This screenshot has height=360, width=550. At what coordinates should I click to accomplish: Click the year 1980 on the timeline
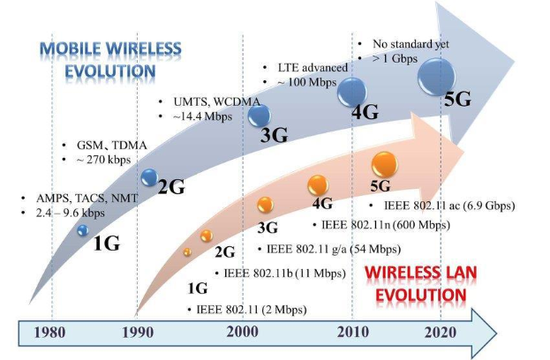(x=51, y=334)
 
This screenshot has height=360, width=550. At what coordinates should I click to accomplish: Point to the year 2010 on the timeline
(x=351, y=334)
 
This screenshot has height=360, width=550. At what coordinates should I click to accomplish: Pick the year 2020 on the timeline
(x=439, y=334)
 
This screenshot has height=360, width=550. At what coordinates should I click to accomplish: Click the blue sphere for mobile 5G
(x=436, y=75)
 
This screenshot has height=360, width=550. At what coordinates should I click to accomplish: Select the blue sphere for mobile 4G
(x=352, y=90)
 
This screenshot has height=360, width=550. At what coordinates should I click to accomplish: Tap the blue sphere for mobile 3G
(x=259, y=115)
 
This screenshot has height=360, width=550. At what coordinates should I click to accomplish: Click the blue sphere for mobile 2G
(x=149, y=177)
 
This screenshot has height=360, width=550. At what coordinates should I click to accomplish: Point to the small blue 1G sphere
(x=82, y=229)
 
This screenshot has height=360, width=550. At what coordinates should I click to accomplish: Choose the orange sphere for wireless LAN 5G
(x=384, y=163)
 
